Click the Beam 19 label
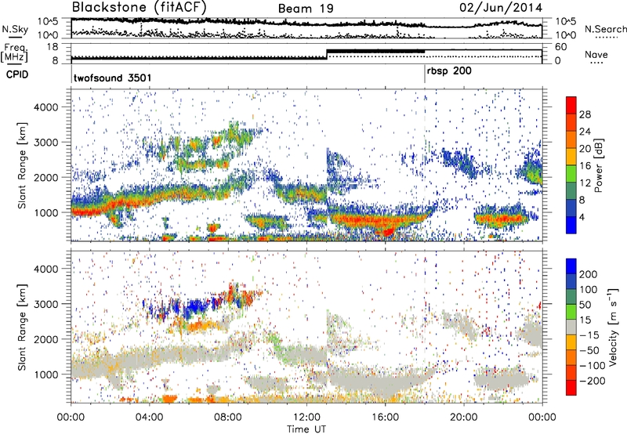click(x=304, y=9)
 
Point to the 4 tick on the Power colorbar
click(x=583, y=216)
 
